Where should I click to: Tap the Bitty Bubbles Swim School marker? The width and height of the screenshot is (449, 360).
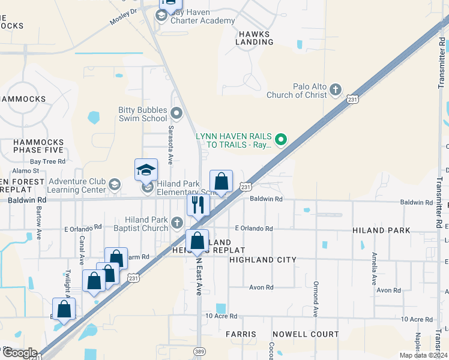point(176,113)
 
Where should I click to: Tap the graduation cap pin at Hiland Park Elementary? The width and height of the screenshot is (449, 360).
point(146,170)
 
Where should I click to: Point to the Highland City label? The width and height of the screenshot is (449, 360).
point(263,260)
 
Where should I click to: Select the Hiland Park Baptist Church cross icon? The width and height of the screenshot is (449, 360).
point(176,223)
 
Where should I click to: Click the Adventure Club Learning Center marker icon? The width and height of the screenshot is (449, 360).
point(115,185)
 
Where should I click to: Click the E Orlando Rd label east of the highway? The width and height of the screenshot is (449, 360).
point(254,229)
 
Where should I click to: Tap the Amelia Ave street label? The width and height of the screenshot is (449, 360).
point(373,269)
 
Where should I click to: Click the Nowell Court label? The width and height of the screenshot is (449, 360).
point(306,334)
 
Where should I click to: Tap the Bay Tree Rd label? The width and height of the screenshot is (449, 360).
point(47,161)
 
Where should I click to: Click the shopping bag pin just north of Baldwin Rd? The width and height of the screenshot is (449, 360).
point(221,182)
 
